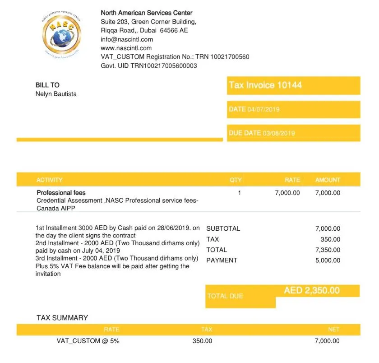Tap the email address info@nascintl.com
pos(127,39)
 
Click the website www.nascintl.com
pos(126,48)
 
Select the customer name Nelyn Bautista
pos(56,94)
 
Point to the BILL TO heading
pos(47,85)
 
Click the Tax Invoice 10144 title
pos(265,85)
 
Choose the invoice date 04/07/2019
pos(264,109)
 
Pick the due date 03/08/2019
pos(278,133)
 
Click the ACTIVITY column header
pos(50,180)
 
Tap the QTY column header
pos(236,180)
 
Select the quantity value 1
pos(240,193)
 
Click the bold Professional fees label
pos(61,193)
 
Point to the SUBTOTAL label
pos(223,228)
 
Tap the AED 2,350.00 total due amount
pos(312,291)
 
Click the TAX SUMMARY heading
pos(62,318)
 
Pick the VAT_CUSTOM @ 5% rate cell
pos(88,341)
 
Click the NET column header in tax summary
pos(334,330)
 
